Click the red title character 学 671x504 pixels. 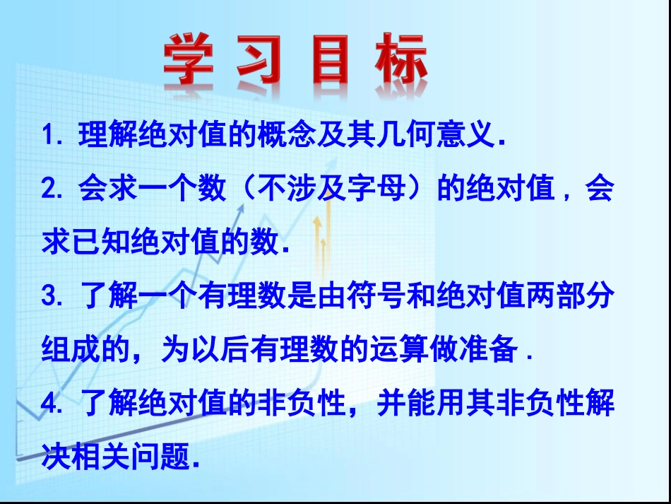point(189,61)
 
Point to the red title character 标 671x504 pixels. point(400,61)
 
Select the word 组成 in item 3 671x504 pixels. point(73,350)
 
